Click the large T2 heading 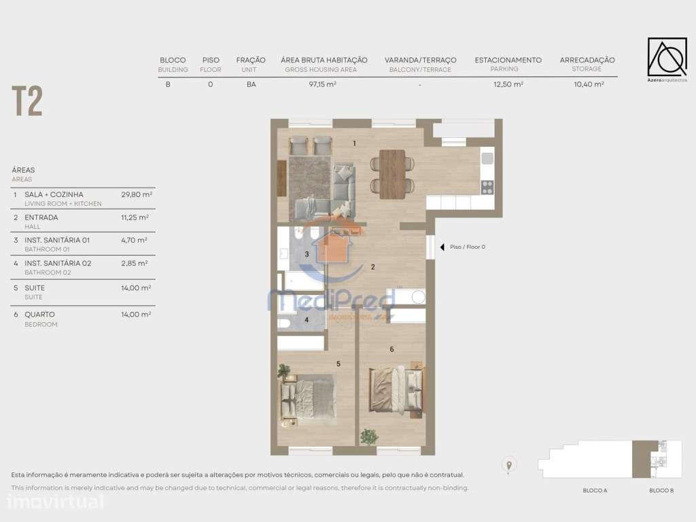[x=27, y=101]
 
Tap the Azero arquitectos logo [x=667, y=60]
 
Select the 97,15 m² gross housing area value [x=322, y=84]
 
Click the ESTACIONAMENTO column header [x=508, y=60]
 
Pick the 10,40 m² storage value [x=589, y=84]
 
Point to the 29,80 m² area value [x=137, y=194]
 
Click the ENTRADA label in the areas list [x=41, y=217]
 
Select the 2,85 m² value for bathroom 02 [x=135, y=263]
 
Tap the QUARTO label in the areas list [x=39, y=314]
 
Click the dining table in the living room [x=392, y=174]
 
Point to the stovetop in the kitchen [x=487, y=188]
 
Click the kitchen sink [x=487, y=158]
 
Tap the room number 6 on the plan [x=391, y=349]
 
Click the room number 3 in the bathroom [x=307, y=254]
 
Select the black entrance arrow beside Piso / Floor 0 [x=442, y=247]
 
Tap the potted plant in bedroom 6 [x=369, y=436]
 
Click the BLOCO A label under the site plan [x=595, y=491]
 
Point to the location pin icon [x=508, y=465]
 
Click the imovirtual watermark [x=56, y=502]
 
